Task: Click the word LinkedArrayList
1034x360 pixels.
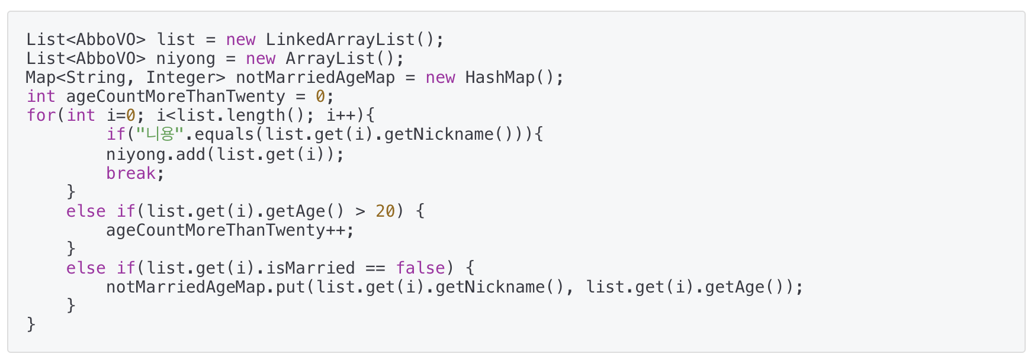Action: coord(340,40)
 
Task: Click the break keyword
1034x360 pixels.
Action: coord(130,173)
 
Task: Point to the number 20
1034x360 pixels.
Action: coord(385,211)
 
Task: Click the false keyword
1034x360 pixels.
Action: coord(420,268)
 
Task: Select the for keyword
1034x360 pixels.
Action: coord(41,115)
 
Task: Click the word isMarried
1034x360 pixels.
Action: coord(310,268)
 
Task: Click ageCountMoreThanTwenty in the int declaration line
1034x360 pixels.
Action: coord(175,97)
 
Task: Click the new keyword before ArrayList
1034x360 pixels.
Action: coord(261,59)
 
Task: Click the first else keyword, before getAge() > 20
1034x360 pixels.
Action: coord(85,211)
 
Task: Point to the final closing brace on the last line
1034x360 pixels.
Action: coord(31,324)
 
